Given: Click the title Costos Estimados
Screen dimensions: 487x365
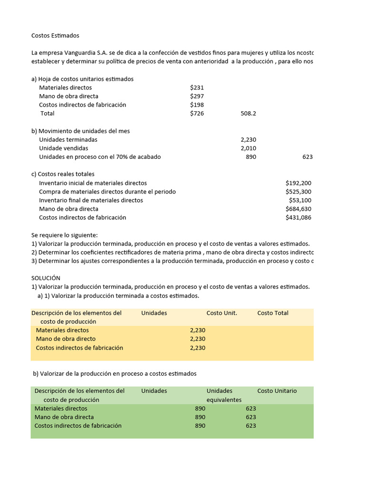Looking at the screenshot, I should tap(55, 36).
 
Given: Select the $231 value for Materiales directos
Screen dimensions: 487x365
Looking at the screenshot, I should tap(197, 88).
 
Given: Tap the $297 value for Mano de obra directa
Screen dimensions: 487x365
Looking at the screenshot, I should tap(197, 96).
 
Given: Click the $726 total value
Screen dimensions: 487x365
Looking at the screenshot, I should tap(197, 113).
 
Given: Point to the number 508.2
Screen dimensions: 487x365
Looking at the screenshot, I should tap(248, 114).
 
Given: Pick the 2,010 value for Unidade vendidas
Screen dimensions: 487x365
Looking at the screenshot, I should tap(248, 148).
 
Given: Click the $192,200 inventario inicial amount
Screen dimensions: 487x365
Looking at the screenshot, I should tap(298, 183).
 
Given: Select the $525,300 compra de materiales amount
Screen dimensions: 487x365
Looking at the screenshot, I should tap(298, 192).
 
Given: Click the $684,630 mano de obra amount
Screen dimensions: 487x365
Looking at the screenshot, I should tap(298, 209).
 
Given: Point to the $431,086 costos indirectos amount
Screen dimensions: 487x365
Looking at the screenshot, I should tap(298, 217).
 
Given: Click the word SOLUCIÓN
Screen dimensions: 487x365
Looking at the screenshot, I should tap(46, 278).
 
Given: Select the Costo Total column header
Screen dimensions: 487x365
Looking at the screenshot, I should tap(273, 313).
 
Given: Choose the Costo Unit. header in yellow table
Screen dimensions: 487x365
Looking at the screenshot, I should tap(221, 313).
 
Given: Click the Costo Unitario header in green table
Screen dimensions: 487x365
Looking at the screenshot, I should tap(277, 391).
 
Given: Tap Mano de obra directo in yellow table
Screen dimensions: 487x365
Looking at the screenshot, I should tap(66, 339).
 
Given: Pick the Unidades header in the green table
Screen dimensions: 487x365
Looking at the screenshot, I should tap(154, 391).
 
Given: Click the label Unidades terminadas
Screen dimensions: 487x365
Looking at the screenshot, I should tap(68, 140).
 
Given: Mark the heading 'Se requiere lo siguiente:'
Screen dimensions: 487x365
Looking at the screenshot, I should tap(64, 235).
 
